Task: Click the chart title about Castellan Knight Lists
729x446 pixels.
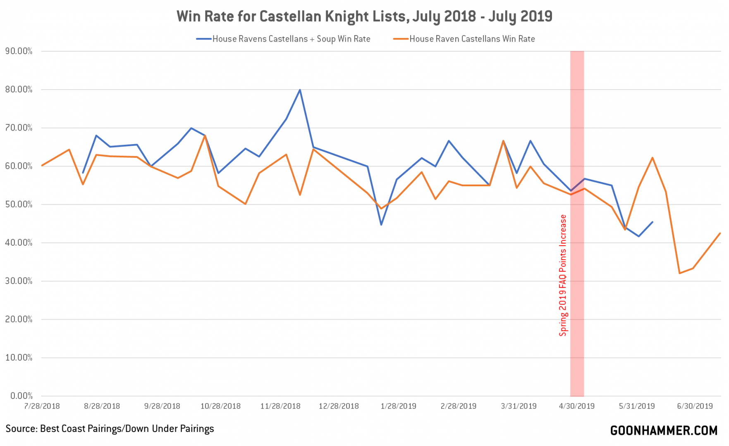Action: (x=364, y=17)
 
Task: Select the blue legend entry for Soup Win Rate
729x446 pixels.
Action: (x=291, y=39)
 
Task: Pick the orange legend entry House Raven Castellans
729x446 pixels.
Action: (x=472, y=39)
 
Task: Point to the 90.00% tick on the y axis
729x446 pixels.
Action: (x=19, y=51)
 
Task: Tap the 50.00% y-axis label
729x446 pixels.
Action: (x=19, y=204)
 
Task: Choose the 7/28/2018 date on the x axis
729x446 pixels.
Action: (x=42, y=406)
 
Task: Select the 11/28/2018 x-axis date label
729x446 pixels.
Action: (x=280, y=406)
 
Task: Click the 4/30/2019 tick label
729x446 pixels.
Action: (x=576, y=406)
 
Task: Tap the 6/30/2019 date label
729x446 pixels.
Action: (x=695, y=406)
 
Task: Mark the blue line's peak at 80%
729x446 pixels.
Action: (x=300, y=90)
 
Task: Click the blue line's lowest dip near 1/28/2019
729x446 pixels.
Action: (x=381, y=225)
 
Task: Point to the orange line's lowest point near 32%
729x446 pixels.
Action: (x=679, y=273)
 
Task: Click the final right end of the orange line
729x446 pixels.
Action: (x=720, y=233)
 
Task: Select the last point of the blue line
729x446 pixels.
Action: (x=653, y=222)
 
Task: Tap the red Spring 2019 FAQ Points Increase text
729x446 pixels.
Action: (x=563, y=275)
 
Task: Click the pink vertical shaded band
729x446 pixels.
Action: (x=577, y=124)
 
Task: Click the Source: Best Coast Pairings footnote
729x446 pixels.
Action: (x=110, y=429)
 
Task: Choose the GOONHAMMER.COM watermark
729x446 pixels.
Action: (x=664, y=431)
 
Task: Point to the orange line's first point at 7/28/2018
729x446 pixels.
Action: (x=42, y=166)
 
